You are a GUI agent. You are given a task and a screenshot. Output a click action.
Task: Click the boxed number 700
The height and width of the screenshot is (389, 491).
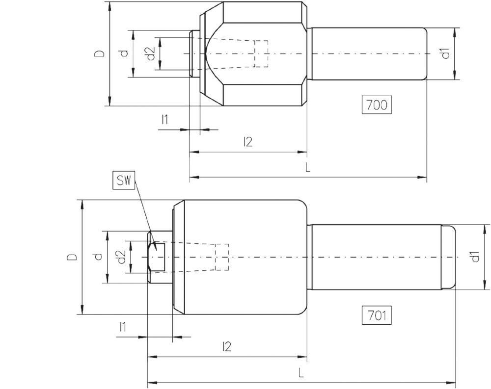pyautogui.click(x=377, y=105)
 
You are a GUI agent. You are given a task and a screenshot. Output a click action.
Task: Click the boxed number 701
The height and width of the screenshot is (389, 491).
pyautogui.click(x=377, y=316)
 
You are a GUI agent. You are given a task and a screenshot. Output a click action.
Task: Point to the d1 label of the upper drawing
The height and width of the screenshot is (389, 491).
pyautogui.click(x=445, y=53)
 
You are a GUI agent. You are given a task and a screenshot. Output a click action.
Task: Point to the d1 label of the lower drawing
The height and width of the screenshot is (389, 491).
pyautogui.click(x=474, y=257)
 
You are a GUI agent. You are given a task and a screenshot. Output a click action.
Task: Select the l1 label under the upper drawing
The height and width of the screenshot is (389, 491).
pyautogui.click(x=165, y=119)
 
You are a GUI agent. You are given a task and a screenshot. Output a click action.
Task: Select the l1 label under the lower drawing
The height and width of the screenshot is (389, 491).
pyautogui.click(x=123, y=327)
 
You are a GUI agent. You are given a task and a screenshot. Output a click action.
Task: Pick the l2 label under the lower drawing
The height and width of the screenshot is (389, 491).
pyautogui.click(x=226, y=347)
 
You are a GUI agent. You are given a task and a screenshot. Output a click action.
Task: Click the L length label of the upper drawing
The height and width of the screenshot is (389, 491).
pyautogui.click(x=308, y=167)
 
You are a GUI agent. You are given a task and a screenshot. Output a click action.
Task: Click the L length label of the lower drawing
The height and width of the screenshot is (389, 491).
pyautogui.click(x=301, y=372)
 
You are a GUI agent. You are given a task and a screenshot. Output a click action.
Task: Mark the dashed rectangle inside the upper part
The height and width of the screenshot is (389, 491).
pyautogui.click(x=261, y=53)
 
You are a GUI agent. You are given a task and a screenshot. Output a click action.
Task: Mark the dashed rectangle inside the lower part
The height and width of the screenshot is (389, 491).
pyautogui.click(x=222, y=257)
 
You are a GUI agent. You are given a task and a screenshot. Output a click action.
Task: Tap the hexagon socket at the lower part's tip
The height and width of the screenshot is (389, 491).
pyautogui.click(x=158, y=257)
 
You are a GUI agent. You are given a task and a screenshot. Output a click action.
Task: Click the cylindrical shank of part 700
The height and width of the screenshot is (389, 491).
pyautogui.click(x=368, y=53)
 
